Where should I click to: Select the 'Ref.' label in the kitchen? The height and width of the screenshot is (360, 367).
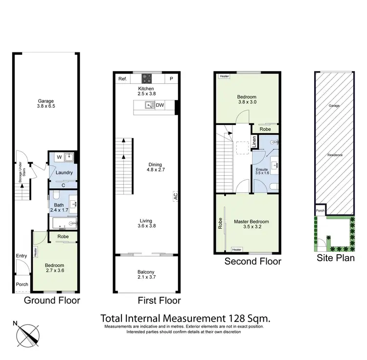coord(122,79)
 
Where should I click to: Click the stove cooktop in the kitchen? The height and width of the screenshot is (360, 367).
coord(147,78)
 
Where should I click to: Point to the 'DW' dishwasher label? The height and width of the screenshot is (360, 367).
coord(160,105)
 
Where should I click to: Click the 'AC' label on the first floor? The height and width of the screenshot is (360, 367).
coord(175,196)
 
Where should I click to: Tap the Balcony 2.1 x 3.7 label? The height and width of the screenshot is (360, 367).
coord(146,275)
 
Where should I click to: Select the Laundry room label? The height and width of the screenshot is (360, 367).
coord(64,173)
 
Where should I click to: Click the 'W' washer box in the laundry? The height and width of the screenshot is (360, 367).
coord(59,157)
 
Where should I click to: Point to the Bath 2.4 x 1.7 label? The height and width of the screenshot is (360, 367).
coord(59,208)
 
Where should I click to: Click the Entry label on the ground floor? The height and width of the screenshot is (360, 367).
coord(22,256)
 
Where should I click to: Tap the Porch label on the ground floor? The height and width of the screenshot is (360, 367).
coord(22,285)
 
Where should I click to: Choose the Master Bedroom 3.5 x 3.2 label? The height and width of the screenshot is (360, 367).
coord(251,224)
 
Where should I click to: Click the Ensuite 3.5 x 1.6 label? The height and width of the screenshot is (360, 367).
coord(262,171)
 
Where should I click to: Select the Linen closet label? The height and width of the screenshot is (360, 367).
coord(254,142)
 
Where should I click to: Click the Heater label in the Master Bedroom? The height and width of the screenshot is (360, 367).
coord(237,250)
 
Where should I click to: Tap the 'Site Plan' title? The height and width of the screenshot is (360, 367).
coord(335,258)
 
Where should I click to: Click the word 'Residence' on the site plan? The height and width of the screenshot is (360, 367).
coord(335,155)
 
